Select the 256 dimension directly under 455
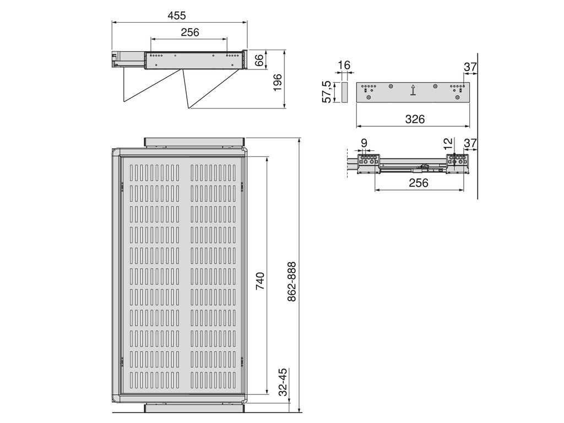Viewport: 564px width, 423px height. [x=189, y=32]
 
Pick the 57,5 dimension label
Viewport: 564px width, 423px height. [x=327, y=91]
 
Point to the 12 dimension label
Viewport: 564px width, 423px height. [x=448, y=143]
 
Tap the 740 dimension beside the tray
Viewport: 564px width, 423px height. [x=261, y=281]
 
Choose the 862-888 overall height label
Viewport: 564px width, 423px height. [x=292, y=281]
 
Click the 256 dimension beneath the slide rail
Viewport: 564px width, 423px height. [x=419, y=183]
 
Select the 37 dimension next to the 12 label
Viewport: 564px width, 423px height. [x=470, y=144]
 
